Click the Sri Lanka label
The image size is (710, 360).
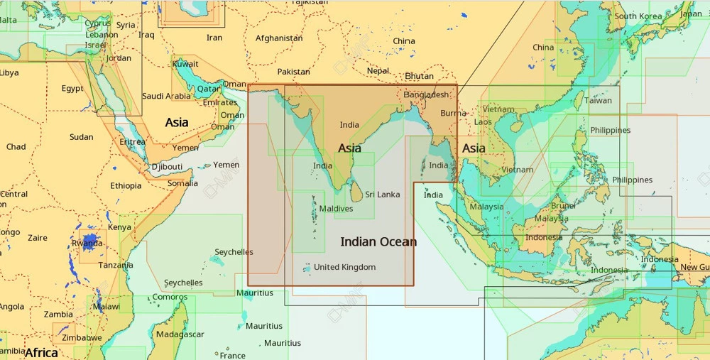coord(383,195)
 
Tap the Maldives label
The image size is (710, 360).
coord(336,209)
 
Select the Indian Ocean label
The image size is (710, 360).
coord(378,242)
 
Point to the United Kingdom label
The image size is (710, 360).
coord(344,267)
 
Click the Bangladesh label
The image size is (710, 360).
coord(426,94)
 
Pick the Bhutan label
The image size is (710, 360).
coord(419,76)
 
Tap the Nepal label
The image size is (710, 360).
coord(378,71)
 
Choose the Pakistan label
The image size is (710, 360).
coord(293,72)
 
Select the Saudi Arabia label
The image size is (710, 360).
coord(167,96)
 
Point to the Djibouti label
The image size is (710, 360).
coord(167,167)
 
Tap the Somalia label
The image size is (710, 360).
coord(182,183)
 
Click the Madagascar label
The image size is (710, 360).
coord(180,334)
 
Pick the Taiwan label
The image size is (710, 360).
coord(598,100)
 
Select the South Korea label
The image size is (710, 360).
coord(638,16)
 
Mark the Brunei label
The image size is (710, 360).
coord(563,206)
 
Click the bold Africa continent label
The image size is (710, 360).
coord(41,352)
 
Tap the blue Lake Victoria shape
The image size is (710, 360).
coord(90,241)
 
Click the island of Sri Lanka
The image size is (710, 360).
coord(354,192)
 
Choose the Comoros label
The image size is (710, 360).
coord(170,297)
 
